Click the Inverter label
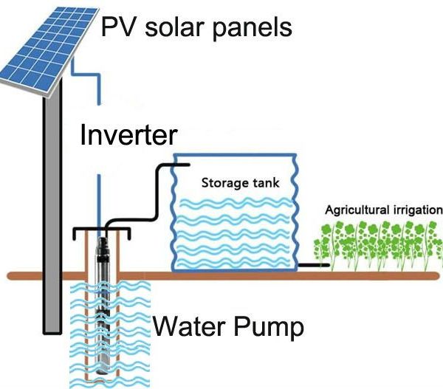tap(128, 135)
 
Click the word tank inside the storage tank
tap(266, 183)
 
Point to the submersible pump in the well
tap(102, 305)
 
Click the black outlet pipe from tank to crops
tap(314, 265)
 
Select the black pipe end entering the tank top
tap(181, 165)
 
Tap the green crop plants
tap(378, 245)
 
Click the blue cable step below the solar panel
tap(86, 75)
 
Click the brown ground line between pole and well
tap(74, 276)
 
